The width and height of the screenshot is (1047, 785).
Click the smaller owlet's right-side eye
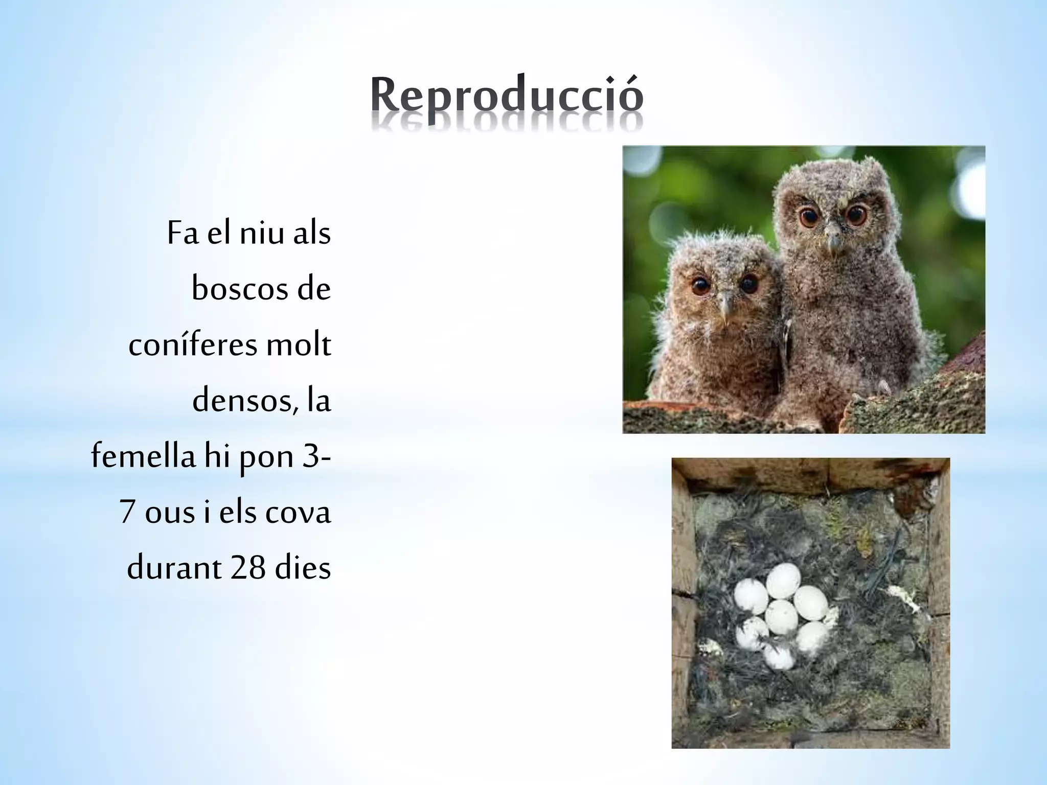tap(748, 283)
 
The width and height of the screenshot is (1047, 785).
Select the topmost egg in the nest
tap(783, 581)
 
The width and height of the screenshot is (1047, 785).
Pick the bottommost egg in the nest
tap(779, 656)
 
